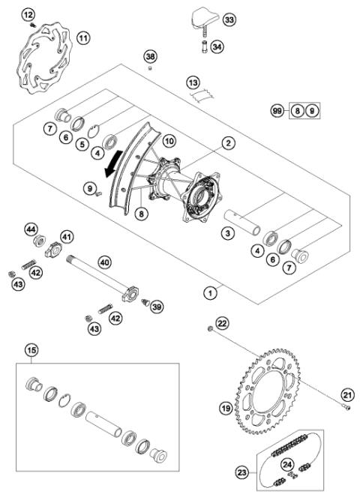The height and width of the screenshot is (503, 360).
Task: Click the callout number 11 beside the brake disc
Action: pyautogui.click(x=82, y=36)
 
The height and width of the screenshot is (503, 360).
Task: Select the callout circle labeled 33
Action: pyautogui.click(x=229, y=19)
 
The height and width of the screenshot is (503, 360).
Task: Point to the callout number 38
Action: pyautogui.click(x=151, y=57)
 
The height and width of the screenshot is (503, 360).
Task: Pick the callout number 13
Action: pyautogui.click(x=193, y=81)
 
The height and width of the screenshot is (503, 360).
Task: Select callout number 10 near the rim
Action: pyautogui.click(x=169, y=141)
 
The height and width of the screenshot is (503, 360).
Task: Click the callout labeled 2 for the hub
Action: pyautogui.click(x=226, y=141)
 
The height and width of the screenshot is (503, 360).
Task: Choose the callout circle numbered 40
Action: pyautogui.click(x=104, y=262)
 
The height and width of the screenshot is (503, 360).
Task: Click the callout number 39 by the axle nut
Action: pyautogui.click(x=156, y=306)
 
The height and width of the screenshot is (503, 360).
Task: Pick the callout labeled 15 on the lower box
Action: pyautogui.click(x=31, y=349)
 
